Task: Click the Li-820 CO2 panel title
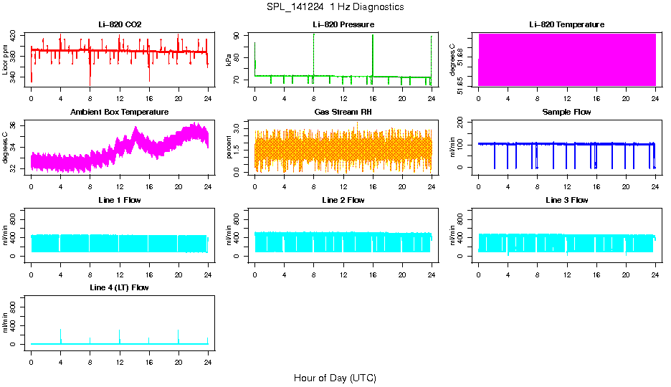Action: [x=120, y=25]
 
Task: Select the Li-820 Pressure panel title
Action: [x=343, y=25]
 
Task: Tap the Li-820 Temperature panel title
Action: [x=566, y=25]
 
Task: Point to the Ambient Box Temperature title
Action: [x=120, y=113]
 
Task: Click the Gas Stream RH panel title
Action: [x=343, y=113]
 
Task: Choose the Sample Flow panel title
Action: [x=566, y=113]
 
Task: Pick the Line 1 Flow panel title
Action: [x=120, y=200]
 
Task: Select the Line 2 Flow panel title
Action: [x=343, y=200]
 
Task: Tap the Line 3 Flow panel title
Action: [x=566, y=200]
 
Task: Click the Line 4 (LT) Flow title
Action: [x=120, y=287]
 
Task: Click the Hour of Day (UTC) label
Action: [x=335, y=378]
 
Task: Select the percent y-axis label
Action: [x=229, y=147]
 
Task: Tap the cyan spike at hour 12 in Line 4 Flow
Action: [x=120, y=335]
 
